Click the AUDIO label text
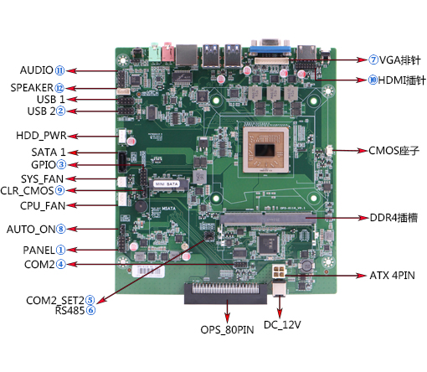[37, 70]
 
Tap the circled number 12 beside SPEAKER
[59, 88]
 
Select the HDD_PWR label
[41, 136]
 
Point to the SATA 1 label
[49, 152]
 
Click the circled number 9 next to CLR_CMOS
[60, 190]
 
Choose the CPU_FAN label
[43, 206]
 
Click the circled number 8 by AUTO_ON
[61, 229]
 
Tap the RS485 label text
[69, 310]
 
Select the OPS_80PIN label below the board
[227, 330]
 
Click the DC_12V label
[282, 325]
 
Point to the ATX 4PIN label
[392, 276]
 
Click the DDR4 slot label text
[394, 218]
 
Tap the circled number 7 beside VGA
[373, 59]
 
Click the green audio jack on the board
[156, 52]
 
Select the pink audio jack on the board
[168, 52]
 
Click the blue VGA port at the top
[270, 48]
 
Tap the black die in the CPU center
[265, 151]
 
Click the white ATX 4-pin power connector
[279, 271]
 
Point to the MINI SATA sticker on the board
[167, 184]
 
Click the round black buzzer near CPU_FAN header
[141, 206]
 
